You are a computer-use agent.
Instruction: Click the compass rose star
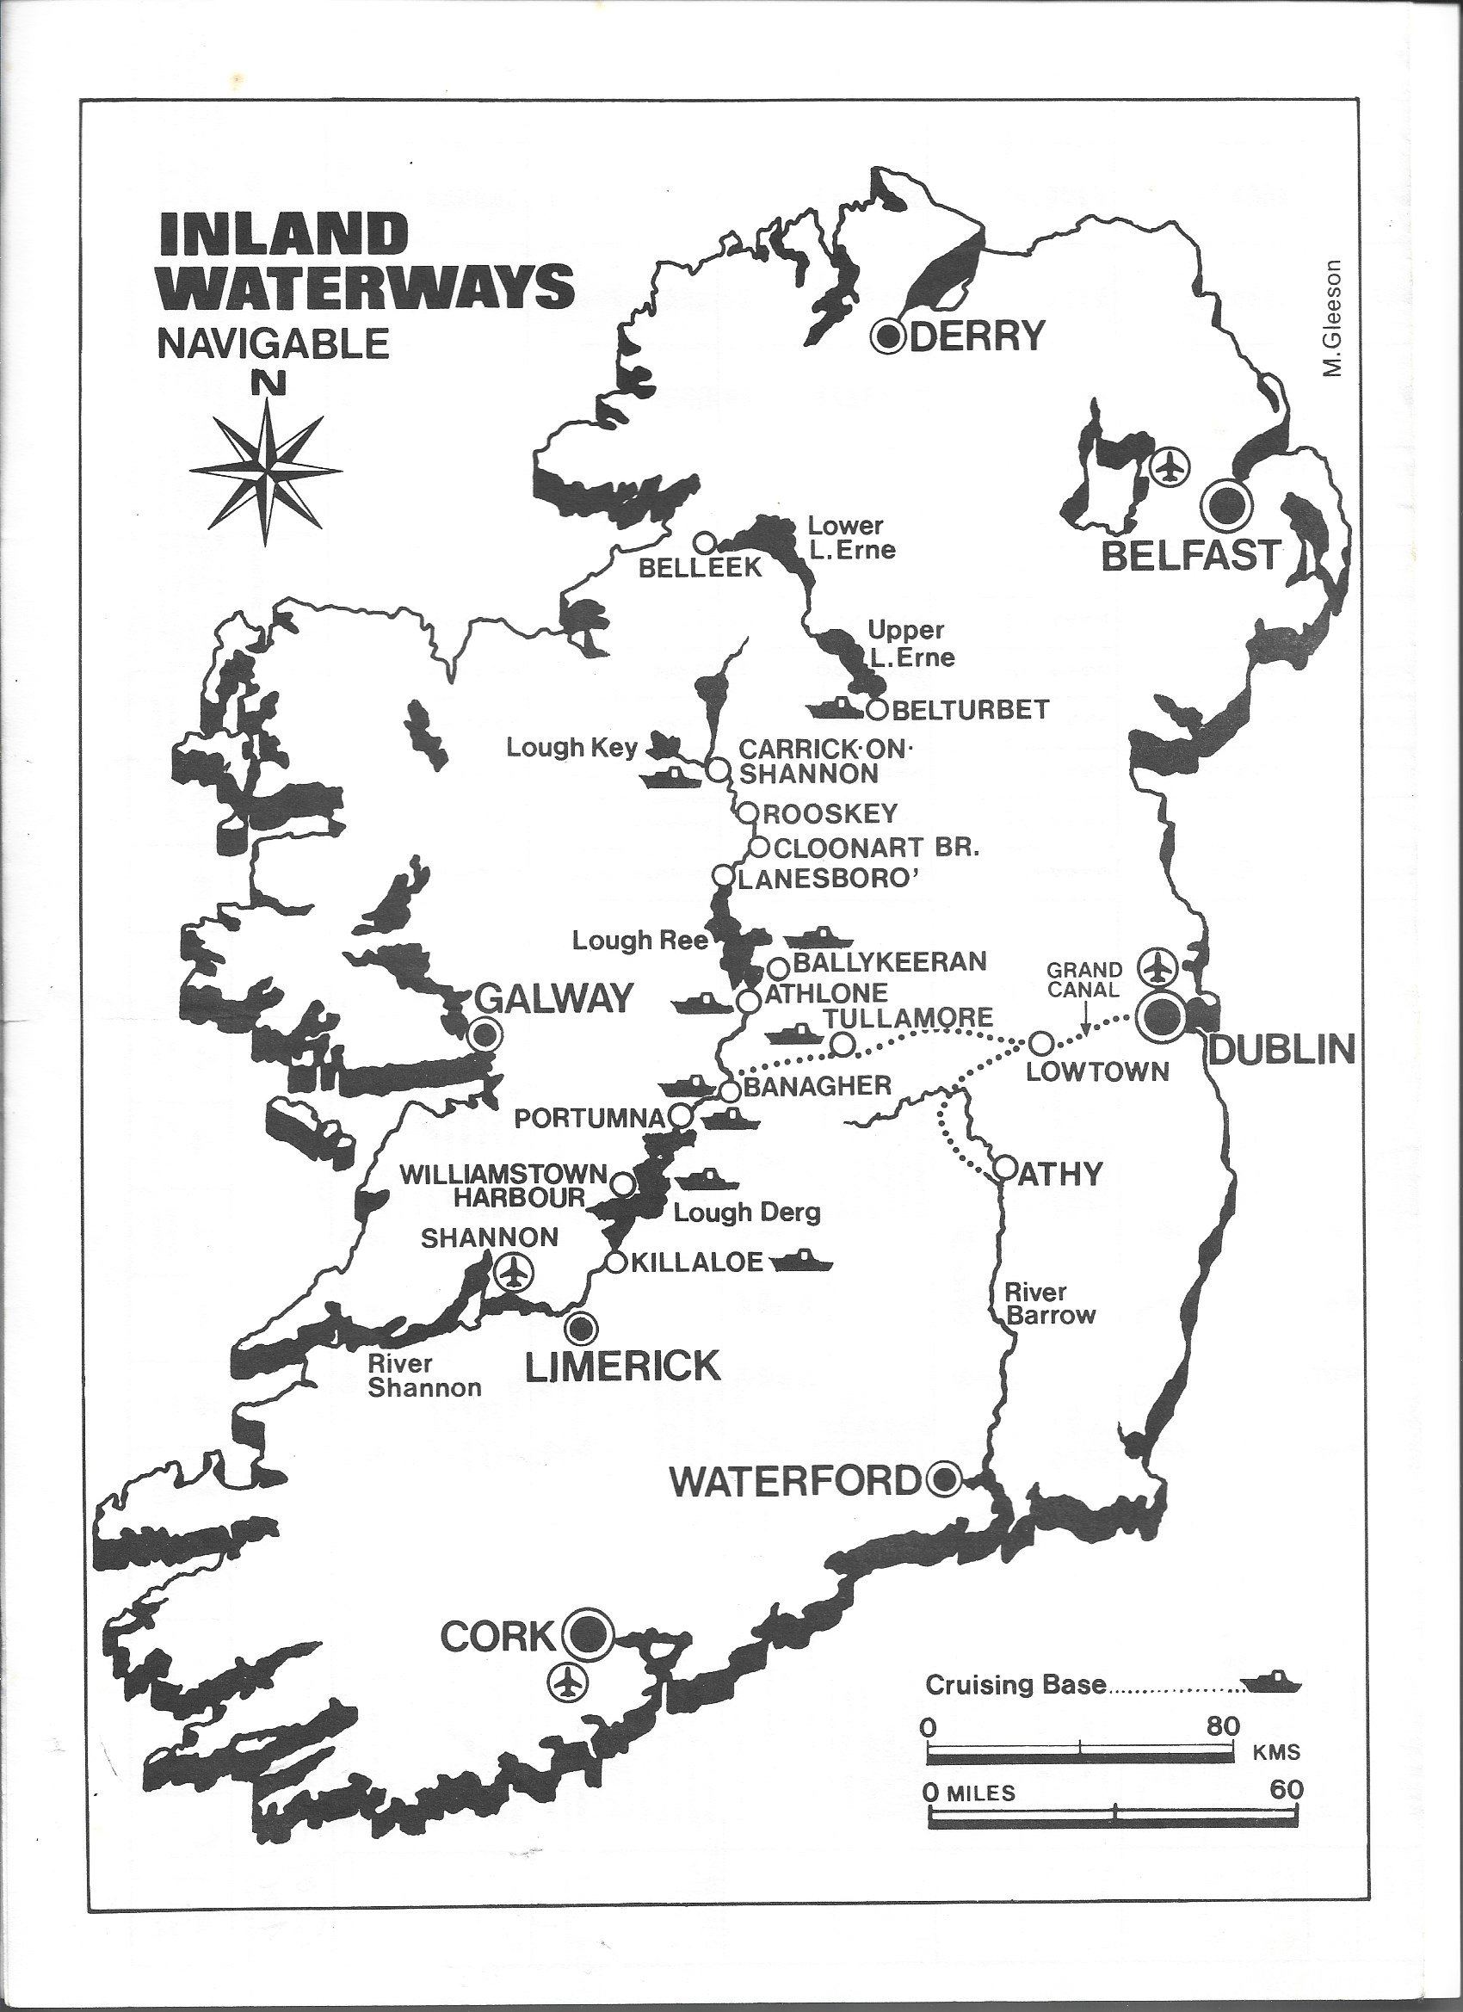click(265, 469)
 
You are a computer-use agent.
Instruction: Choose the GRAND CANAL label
click(1084, 978)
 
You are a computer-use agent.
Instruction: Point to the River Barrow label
click(1051, 1304)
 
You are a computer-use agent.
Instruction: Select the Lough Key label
click(571, 748)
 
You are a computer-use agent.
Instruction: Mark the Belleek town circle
click(704, 541)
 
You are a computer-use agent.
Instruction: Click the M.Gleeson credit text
click(1331, 318)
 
